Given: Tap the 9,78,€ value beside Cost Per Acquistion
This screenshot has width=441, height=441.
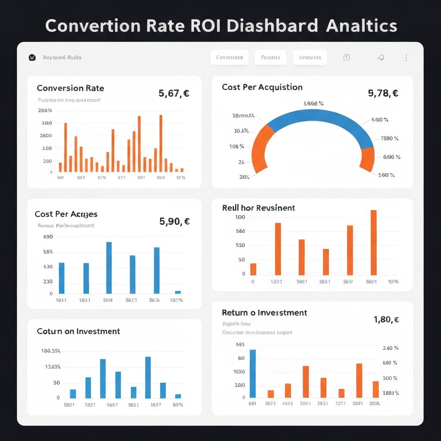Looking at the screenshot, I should click(383, 93).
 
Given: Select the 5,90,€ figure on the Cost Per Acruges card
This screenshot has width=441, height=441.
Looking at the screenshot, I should click(174, 221).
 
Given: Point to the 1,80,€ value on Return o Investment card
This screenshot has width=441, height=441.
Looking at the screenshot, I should click(386, 320).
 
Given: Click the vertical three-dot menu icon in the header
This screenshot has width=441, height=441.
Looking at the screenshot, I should click(406, 57).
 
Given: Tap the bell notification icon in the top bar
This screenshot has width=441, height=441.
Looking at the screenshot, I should click(381, 57).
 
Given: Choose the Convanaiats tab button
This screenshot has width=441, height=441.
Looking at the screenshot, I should click(229, 57).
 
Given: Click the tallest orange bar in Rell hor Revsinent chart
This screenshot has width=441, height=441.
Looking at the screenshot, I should click(373, 242).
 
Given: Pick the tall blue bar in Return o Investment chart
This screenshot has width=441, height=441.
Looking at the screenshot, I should click(253, 373).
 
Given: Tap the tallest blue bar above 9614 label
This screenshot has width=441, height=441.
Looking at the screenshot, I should click(109, 267).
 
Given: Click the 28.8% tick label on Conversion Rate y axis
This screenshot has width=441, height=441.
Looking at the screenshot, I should click(45, 110).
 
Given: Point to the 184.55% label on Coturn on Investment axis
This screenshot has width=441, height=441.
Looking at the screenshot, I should click(51, 351).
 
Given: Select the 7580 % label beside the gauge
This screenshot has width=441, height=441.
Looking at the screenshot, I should click(389, 139).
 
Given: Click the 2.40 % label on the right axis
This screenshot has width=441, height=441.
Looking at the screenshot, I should click(390, 348).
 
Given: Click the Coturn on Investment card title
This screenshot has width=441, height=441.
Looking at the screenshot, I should click(78, 331).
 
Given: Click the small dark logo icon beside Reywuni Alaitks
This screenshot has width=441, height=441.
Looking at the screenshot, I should click(32, 57).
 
